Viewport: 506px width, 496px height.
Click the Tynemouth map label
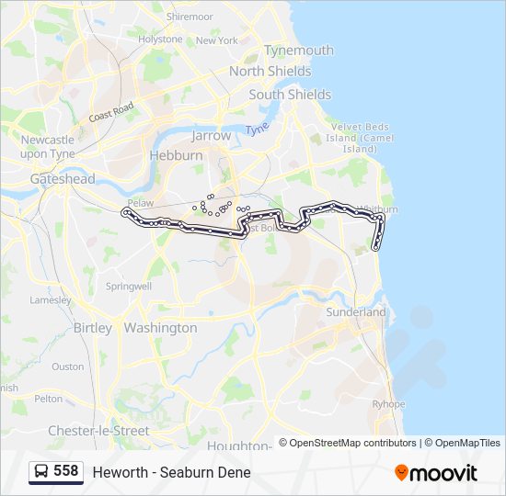298,51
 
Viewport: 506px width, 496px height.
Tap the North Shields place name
270,71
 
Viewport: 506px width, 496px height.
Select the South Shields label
290,95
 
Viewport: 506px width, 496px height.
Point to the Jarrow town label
211,135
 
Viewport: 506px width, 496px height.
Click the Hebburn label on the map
176,155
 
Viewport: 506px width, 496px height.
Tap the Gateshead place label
63,179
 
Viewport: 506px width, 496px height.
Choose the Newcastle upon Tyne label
47,147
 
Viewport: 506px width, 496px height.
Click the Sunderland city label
356,312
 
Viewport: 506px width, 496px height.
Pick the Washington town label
160,328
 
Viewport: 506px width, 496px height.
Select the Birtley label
92,328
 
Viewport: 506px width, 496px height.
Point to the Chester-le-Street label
98,431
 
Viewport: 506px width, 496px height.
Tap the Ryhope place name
388,404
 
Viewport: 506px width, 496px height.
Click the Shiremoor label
190,17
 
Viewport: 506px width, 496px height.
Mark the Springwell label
129,287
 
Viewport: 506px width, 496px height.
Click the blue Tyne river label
257,129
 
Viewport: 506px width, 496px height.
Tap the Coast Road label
111,112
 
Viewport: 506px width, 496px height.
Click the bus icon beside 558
40,472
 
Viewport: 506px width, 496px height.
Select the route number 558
65,471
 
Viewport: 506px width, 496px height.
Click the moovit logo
436,473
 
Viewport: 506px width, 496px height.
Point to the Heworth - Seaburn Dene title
171,472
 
